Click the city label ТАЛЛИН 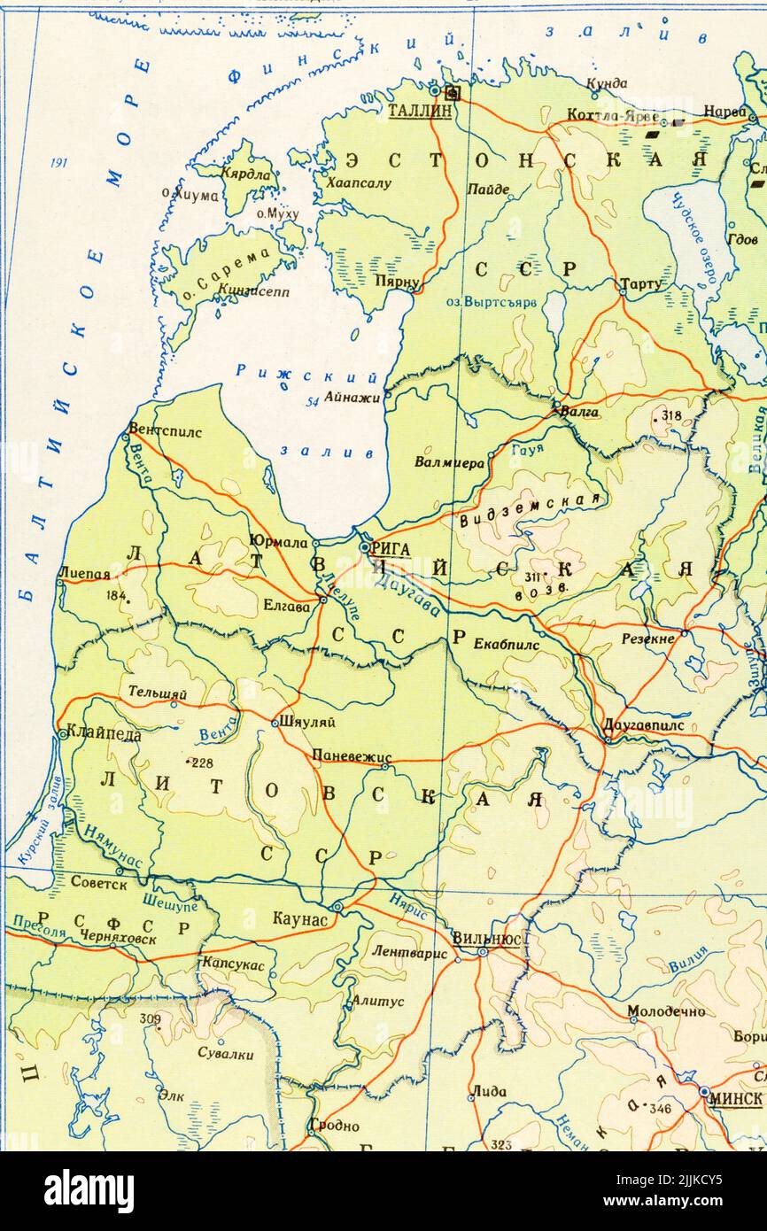click(x=421, y=111)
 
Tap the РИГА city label click(x=391, y=549)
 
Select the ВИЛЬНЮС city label click(x=485, y=938)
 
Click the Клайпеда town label click(x=105, y=734)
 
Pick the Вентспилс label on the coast click(x=166, y=431)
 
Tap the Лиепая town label click(x=84, y=573)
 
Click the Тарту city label click(x=641, y=283)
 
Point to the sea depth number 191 click(x=59, y=163)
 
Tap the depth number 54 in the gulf click(x=312, y=402)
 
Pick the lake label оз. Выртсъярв click(x=491, y=301)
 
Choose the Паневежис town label click(x=351, y=755)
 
